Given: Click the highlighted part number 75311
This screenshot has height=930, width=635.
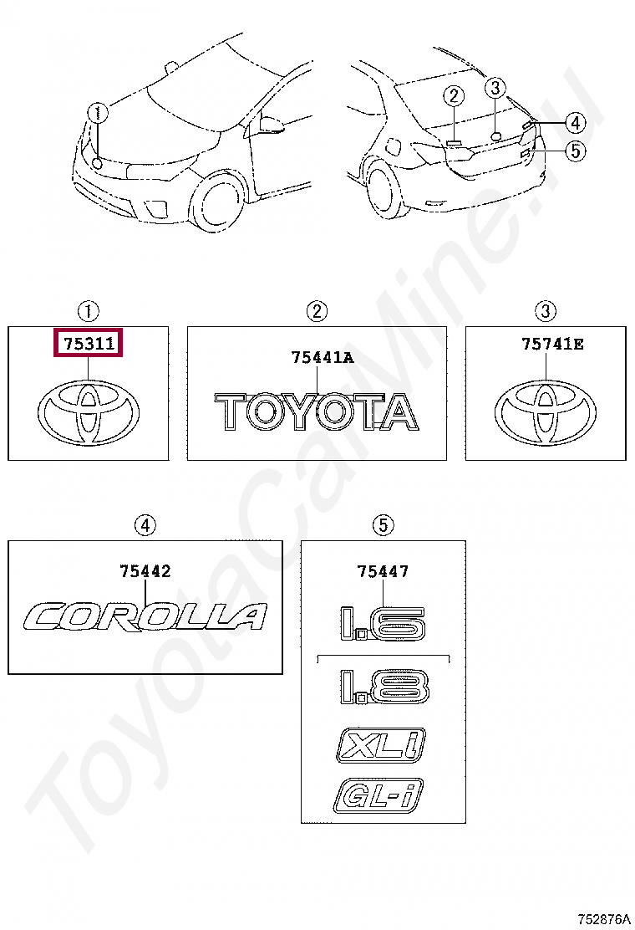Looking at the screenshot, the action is click(88, 343).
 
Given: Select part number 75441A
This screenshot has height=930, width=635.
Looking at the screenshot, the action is click(323, 358).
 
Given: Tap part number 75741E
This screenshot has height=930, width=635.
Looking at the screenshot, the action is click(552, 343).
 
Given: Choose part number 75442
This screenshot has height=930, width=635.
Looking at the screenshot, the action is click(145, 571).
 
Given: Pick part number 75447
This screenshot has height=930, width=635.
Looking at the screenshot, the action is click(383, 571).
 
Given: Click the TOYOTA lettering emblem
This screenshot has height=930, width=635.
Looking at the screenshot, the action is click(317, 413).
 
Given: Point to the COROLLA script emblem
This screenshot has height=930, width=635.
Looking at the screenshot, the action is click(145, 617).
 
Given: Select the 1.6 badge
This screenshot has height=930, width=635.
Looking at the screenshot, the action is click(383, 623).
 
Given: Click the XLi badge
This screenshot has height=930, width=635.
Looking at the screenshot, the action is click(381, 743).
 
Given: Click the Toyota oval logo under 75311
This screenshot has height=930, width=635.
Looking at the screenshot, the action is click(89, 413).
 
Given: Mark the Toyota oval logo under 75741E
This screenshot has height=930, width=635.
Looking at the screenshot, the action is click(546, 413).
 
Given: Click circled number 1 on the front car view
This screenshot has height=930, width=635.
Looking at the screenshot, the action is click(99, 113).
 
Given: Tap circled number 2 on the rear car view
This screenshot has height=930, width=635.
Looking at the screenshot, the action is click(454, 96).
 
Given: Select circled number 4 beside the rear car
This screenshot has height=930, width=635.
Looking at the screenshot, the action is click(574, 123).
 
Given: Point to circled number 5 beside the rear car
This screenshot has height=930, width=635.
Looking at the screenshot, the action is click(574, 151).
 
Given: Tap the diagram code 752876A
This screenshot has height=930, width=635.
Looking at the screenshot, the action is click(602, 918).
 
